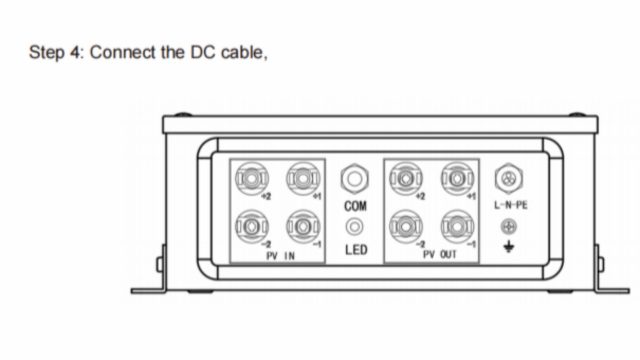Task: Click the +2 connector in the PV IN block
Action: [252, 178]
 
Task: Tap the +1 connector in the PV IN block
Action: [302, 178]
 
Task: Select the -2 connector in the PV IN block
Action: [252, 226]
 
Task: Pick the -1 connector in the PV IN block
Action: [302, 226]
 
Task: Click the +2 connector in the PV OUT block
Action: [406, 178]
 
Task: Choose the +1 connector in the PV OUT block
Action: [456, 178]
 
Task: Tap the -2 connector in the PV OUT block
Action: [406, 226]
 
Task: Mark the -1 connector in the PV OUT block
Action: [456, 226]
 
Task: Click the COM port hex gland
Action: [355, 178]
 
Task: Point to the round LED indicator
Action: [355, 226]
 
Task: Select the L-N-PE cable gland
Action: [508, 178]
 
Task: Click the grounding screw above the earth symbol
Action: [508, 227]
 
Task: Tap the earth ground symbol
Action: [508, 247]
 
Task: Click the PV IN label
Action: [280, 255]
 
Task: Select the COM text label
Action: [355, 205]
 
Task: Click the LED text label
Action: [356, 249]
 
